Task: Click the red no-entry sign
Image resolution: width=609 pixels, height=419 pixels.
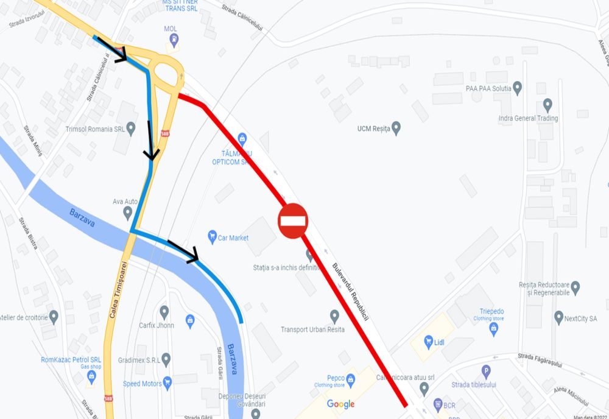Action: [x=294, y=220]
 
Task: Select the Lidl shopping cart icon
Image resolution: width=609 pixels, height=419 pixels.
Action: [x=428, y=342]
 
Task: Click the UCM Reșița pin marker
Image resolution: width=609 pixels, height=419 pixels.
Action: [x=396, y=129]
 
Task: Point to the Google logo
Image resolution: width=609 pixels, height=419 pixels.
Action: [x=340, y=404]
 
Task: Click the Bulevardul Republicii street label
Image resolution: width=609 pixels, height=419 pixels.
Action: [x=351, y=292]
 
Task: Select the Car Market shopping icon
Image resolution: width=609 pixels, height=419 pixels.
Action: [x=212, y=237]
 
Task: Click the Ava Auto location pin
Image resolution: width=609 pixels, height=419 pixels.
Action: [x=127, y=213]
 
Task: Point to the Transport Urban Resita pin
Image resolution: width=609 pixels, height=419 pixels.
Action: [x=334, y=316]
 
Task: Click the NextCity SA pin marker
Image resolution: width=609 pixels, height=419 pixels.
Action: [x=558, y=317]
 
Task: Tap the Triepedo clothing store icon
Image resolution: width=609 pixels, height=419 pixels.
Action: [x=493, y=329]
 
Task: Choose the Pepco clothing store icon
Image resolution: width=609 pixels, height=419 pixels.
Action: [x=350, y=378]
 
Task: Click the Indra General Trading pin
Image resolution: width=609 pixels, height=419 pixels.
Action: [x=547, y=105]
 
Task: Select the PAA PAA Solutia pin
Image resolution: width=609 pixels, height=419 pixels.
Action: [x=518, y=88]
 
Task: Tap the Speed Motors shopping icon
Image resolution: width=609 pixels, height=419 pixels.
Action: [x=167, y=383]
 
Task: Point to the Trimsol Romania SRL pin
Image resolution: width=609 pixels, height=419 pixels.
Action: [x=131, y=129]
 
